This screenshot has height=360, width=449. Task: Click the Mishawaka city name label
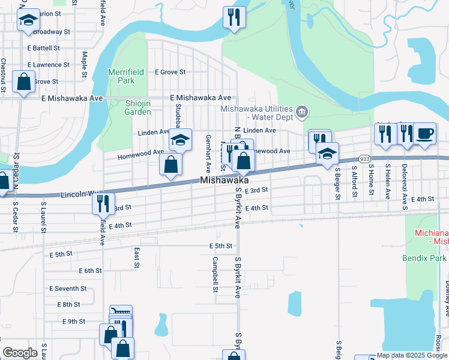(224, 180)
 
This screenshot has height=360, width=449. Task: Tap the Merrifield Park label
(125, 76)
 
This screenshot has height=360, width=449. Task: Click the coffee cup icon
(424, 133)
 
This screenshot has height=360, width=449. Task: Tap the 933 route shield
(364, 158)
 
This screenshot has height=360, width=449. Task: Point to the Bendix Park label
(424, 258)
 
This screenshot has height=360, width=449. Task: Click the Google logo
(20, 353)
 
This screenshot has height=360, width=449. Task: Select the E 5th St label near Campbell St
(220, 246)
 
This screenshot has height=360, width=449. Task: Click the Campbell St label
(214, 275)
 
